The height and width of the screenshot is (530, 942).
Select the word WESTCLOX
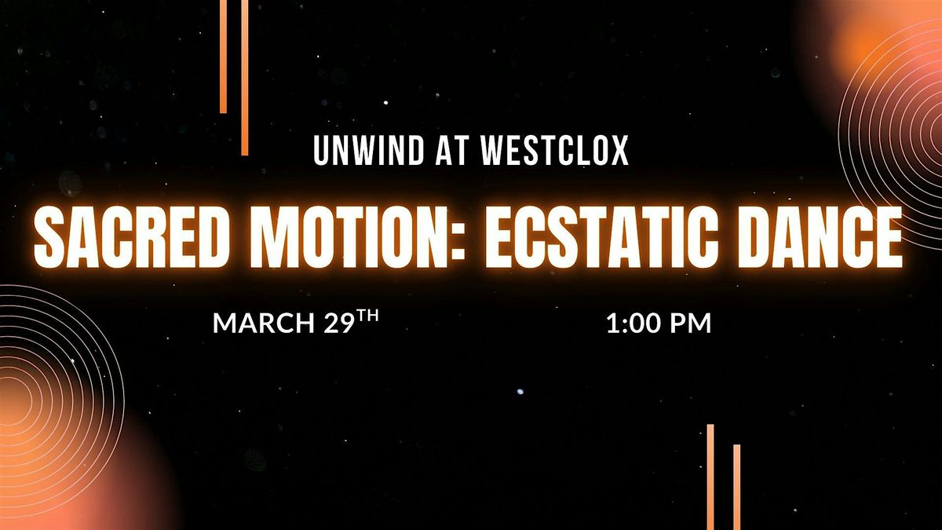click(554, 151)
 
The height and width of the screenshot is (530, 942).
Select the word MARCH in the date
click(264, 323)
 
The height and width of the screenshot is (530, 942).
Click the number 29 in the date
click(338, 323)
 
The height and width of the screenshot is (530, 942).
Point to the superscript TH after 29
click(367, 316)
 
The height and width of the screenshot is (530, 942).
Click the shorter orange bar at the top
click(223, 57)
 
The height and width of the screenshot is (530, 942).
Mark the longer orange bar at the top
click(245, 78)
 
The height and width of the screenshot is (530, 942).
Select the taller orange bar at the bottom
click(710, 477)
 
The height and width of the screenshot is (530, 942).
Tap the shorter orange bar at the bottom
click(737, 487)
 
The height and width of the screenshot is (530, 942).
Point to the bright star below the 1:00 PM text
click(520, 391)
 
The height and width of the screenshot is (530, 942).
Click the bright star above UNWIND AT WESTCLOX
click(386, 103)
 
